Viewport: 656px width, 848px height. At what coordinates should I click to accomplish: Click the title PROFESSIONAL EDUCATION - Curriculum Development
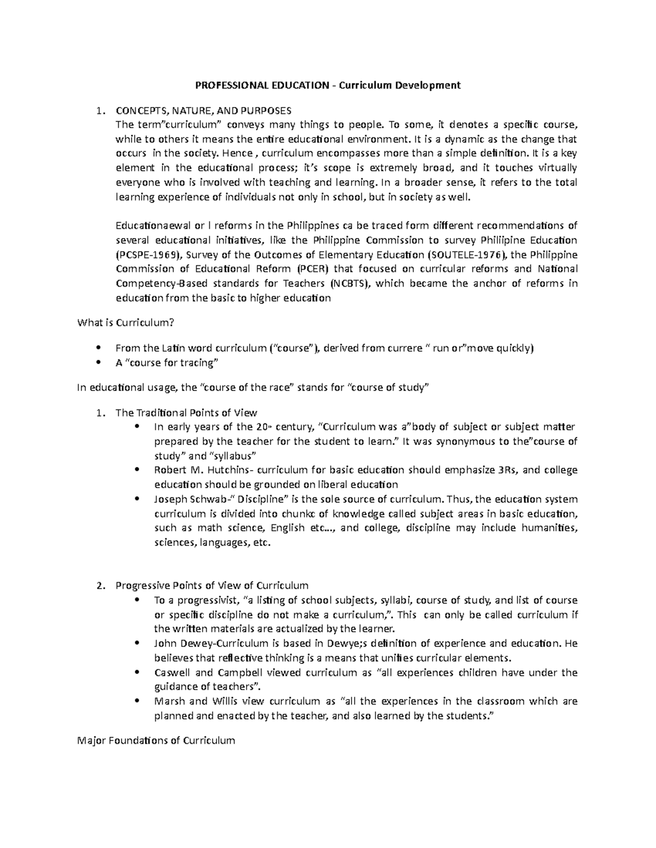point(328,85)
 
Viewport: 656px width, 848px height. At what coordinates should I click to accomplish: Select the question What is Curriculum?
point(126,323)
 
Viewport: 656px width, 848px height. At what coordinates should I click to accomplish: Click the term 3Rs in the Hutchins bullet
point(512,470)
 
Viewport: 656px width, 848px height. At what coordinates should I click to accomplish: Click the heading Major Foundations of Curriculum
point(156,741)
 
